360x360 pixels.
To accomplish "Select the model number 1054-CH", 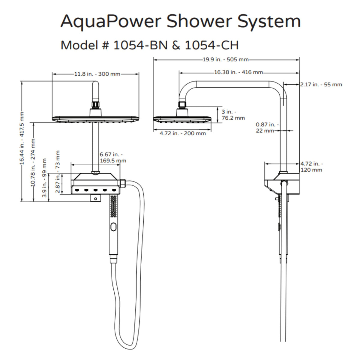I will [x=212, y=45].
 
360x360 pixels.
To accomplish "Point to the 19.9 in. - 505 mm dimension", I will [x=226, y=60].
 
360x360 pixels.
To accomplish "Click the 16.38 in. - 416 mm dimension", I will [x=238, y=72].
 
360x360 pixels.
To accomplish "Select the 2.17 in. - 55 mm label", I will [x=321, y=85].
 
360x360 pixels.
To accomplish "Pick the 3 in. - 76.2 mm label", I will [x=233, y=115].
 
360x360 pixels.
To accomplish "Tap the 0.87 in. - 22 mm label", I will [x=267, y=127].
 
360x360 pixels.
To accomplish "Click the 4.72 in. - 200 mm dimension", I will [x=182, y=133].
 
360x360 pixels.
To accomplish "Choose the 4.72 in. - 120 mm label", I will [x=311, y=167].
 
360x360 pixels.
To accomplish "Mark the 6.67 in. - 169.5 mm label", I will [x=113, y=157].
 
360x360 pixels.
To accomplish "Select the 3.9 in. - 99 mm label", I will [x=45, y=178].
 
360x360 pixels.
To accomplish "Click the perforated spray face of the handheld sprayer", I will [x=113, y=206].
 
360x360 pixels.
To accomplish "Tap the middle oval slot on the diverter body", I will [x=95, y=190].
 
